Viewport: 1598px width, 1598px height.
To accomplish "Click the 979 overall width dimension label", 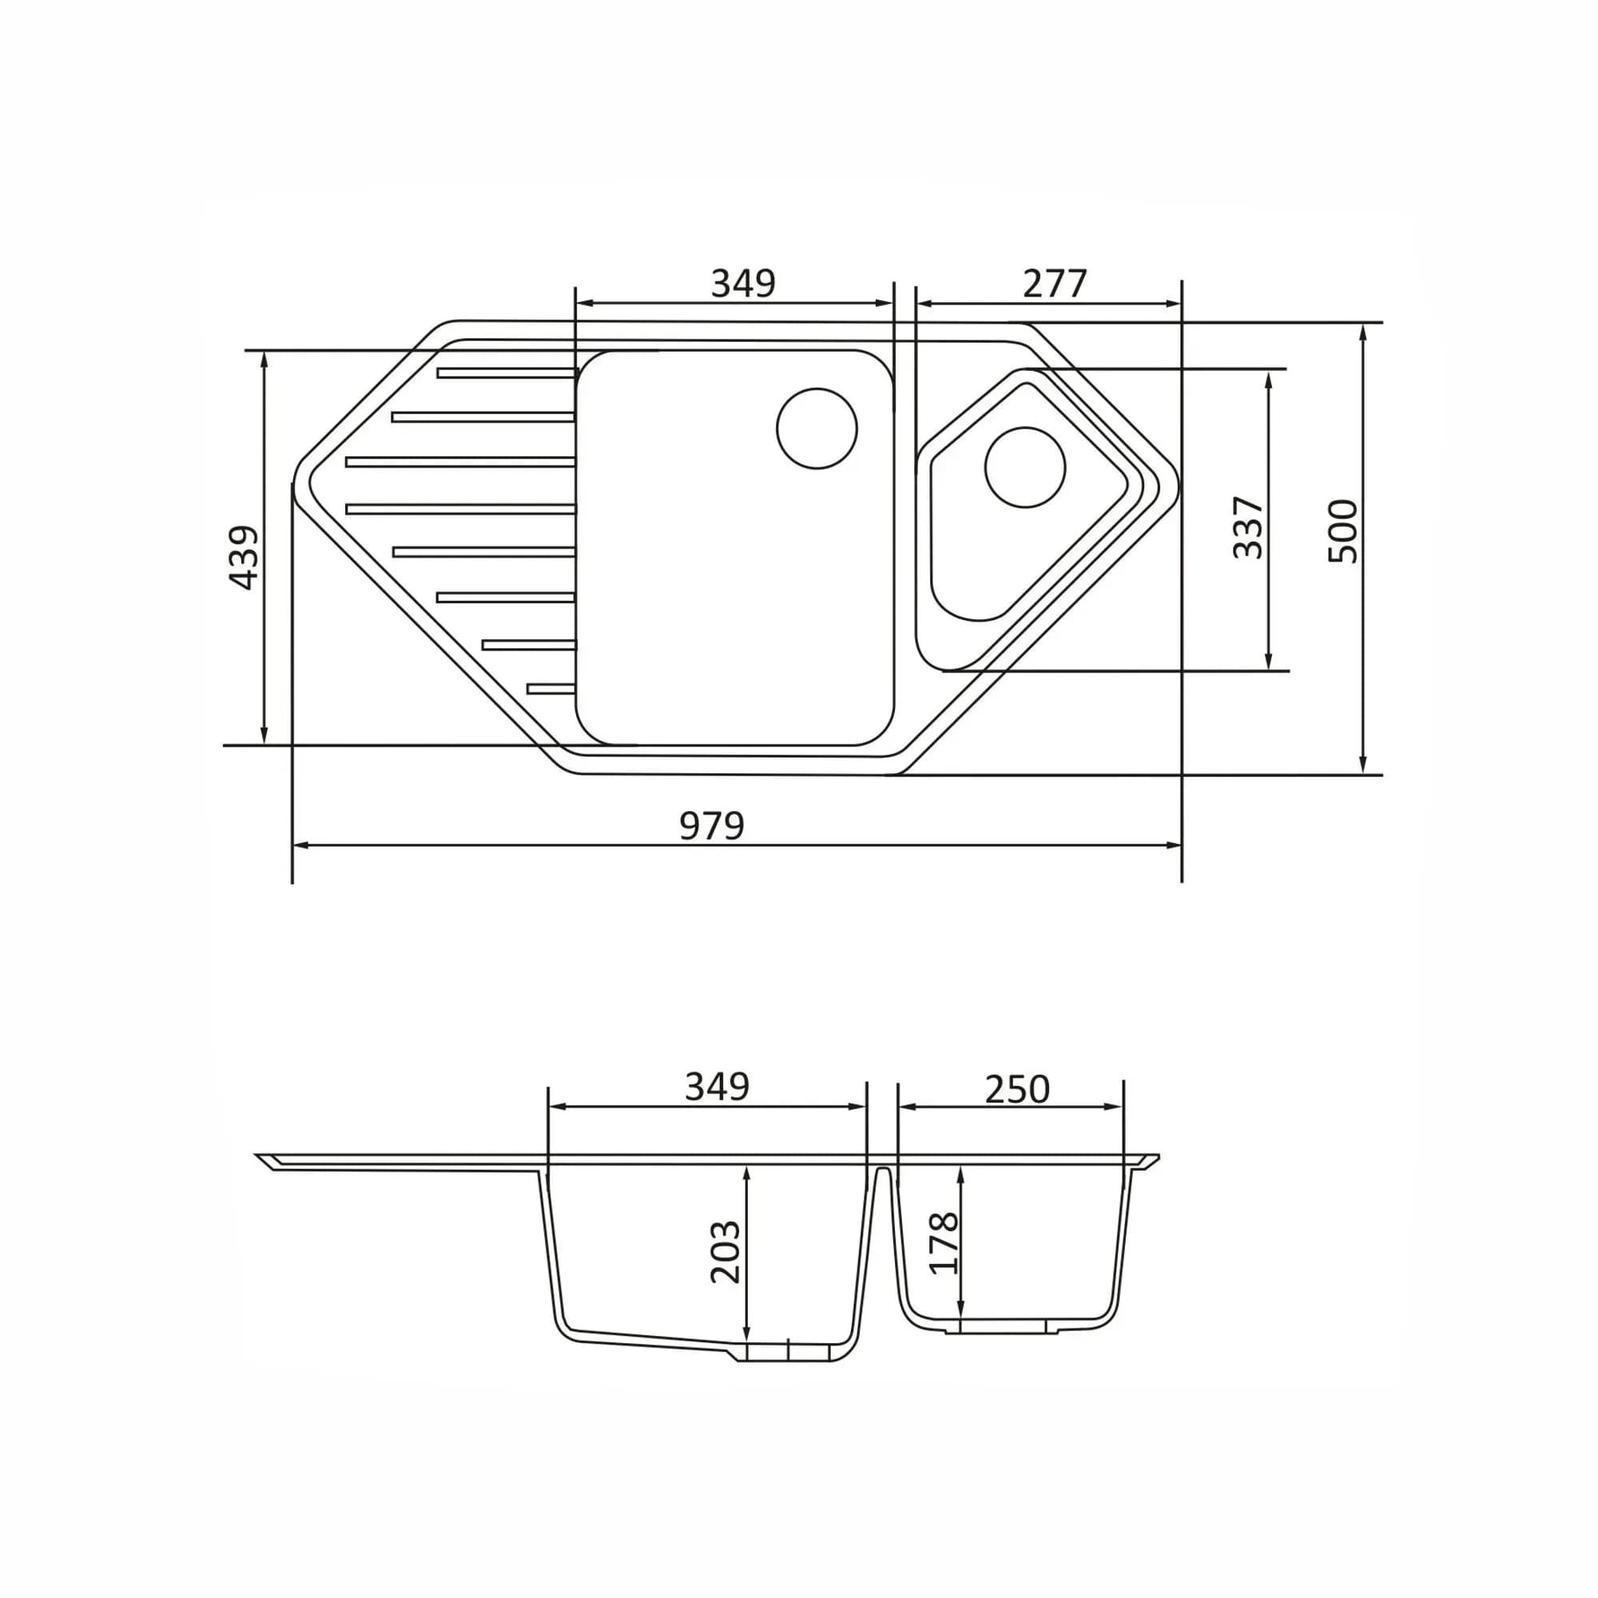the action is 711,825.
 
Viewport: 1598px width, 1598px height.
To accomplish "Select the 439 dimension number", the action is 242,558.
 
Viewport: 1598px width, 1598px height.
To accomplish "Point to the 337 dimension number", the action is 1248,527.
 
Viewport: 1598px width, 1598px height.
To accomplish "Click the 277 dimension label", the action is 1054,284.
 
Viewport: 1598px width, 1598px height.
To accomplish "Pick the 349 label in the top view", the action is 743,284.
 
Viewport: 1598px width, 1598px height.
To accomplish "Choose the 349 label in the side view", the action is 718,1087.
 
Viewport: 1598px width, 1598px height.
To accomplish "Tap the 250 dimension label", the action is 1016,1090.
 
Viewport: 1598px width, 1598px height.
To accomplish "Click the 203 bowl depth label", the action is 725,1251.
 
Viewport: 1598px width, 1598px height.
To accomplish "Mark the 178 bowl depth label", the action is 944,1243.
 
